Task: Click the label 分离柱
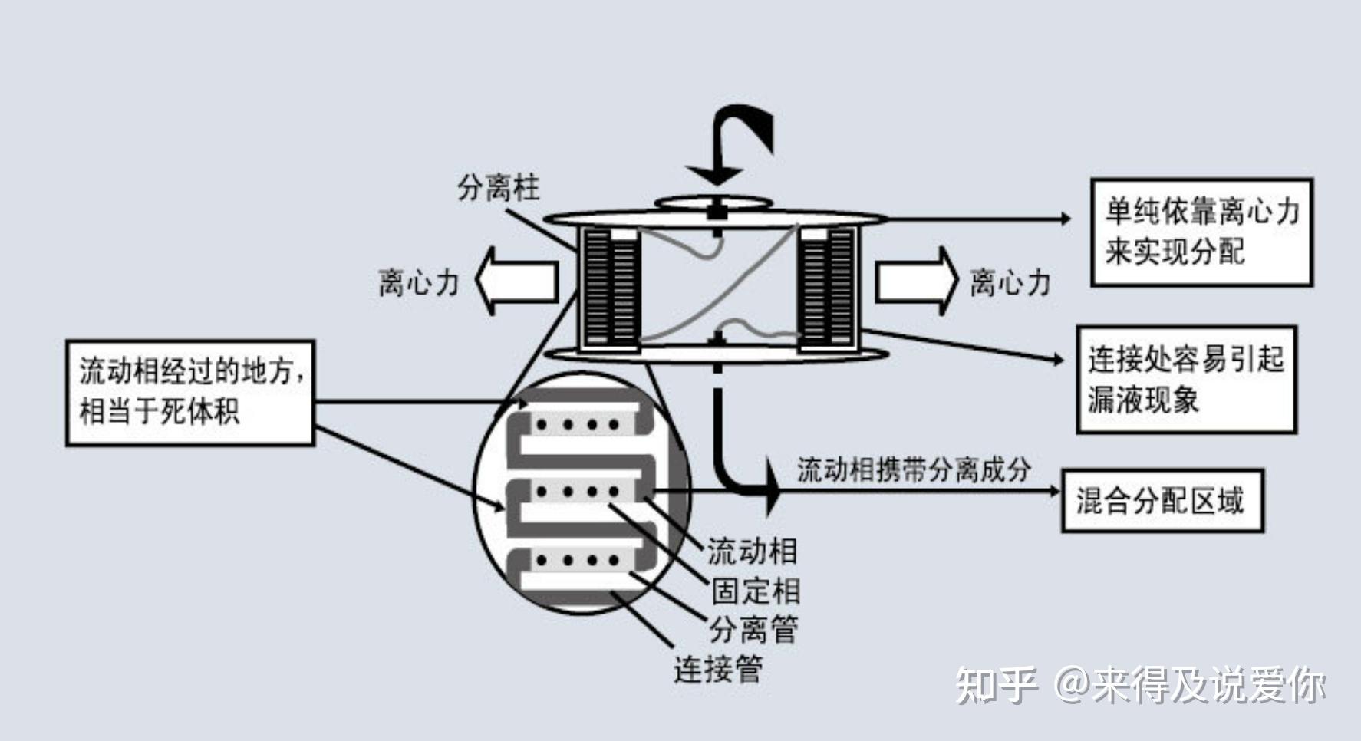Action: coord(498,188)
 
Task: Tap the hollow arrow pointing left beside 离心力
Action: coord(516,281)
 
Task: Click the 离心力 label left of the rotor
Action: coord(418,282)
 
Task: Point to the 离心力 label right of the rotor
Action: coord(1010,282)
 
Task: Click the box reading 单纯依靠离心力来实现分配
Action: coord(1201,232)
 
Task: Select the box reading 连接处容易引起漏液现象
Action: coord(1186,379)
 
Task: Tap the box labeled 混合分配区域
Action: coord(1162,501)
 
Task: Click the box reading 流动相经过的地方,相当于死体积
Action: coord(190,392)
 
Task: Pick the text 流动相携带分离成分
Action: coord(913,469)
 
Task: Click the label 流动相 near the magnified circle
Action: coord(752,551)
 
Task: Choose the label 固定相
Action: coord(756,591)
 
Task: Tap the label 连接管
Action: coord(718,669)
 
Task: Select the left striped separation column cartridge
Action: coord(611,287)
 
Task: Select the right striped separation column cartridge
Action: coord(827,287)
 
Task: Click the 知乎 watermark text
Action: coord(996,685)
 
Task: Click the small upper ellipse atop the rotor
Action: coord(713,203)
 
